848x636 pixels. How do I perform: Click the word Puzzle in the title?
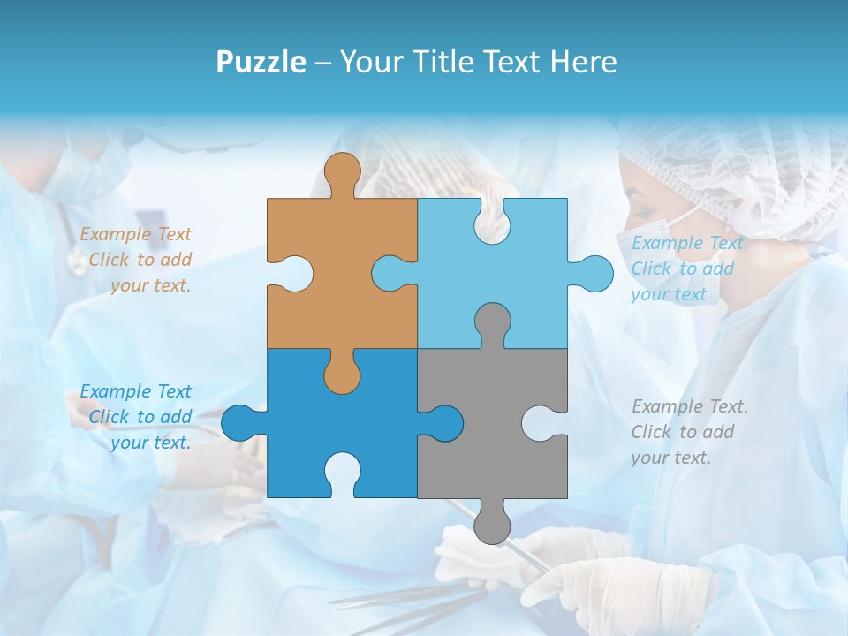(x=261, y=62)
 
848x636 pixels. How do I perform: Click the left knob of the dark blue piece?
(x=240, y=423)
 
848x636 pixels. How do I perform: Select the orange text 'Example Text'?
(x=135, y=234)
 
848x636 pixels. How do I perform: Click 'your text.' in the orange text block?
(x=150, y=285)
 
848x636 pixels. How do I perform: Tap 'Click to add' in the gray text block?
(x=682, y=432)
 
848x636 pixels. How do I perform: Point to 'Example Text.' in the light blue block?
(x=689, y=243)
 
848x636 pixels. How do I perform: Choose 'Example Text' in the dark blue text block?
(x=135, y=391)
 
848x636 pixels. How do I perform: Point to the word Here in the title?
(x=583, y=62)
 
